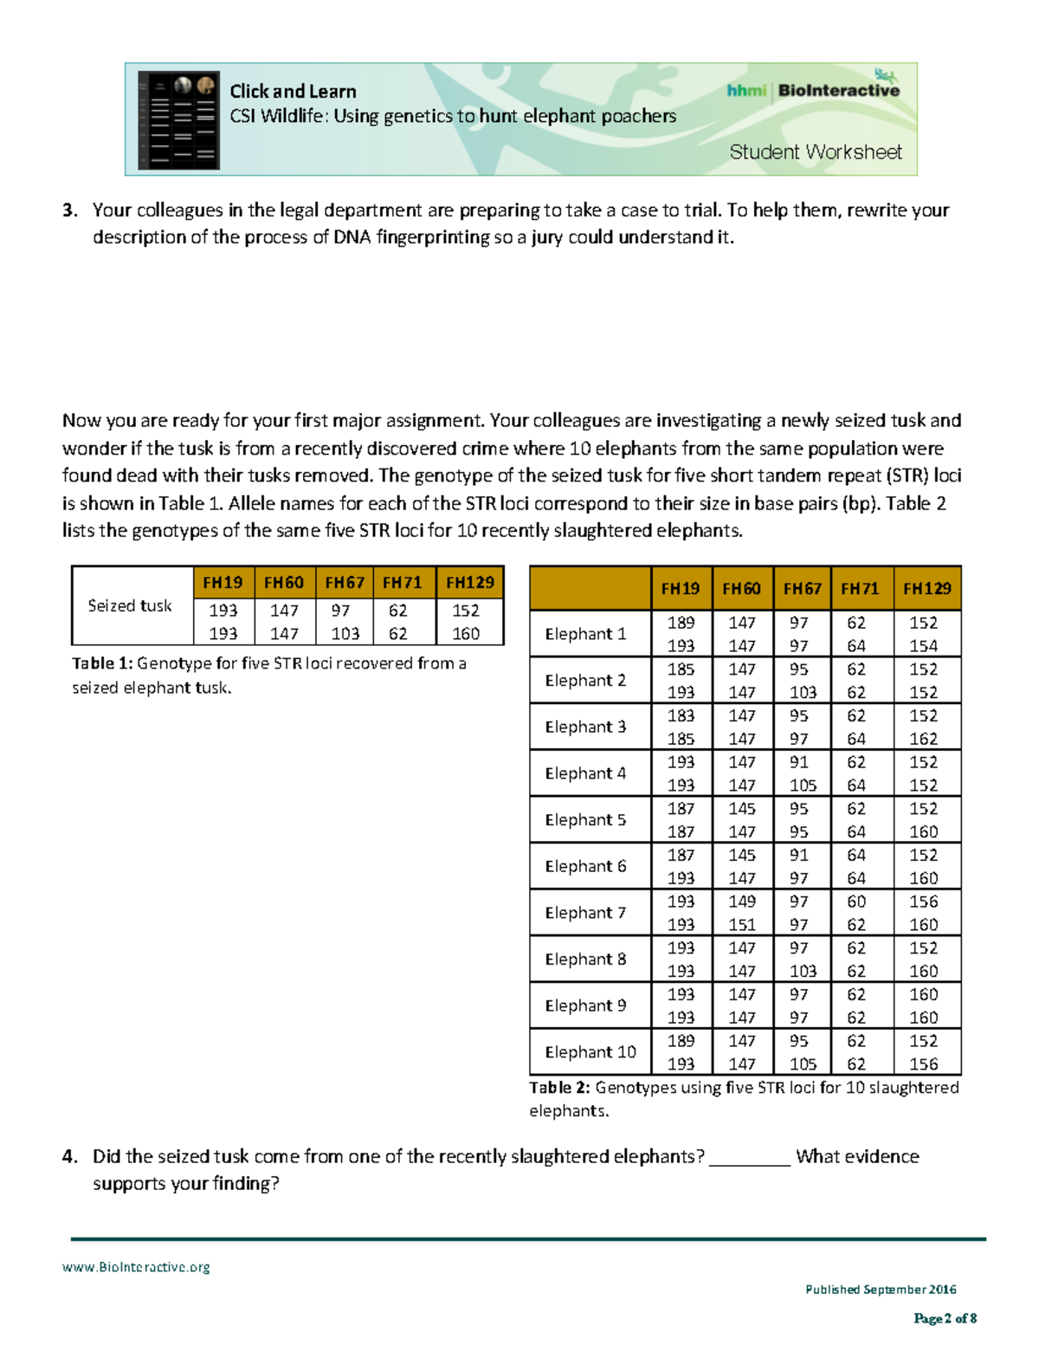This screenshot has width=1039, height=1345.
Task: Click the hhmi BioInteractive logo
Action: click(813, 89)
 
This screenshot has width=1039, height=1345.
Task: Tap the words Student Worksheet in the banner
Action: click(815, 152)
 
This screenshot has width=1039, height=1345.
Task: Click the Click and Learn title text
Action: click(293, 92)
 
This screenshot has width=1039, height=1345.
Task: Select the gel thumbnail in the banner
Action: click(179, 120)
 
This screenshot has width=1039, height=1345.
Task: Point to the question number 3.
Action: click(69, 210)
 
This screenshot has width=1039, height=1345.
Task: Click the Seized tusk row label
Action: click(130, 605)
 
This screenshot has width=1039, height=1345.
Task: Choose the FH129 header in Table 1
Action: click(469, 583)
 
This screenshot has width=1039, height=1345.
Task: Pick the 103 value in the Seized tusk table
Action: click(345, 633)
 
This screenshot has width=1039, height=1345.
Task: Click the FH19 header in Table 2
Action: click(680, 589)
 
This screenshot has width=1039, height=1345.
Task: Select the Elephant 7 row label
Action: click(585, 913)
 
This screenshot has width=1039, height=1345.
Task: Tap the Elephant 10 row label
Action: click(590, 1052)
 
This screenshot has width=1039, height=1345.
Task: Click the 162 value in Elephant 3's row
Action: click(923, 739)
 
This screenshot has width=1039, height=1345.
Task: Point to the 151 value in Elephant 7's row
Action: click(741, 925)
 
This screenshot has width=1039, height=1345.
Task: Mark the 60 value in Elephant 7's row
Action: click(855, 902)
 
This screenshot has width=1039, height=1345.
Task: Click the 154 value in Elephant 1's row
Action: click(923, 646)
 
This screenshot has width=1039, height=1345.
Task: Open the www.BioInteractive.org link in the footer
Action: click(136, 1267)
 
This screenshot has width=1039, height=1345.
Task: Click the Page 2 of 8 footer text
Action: click(945, 1318)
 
